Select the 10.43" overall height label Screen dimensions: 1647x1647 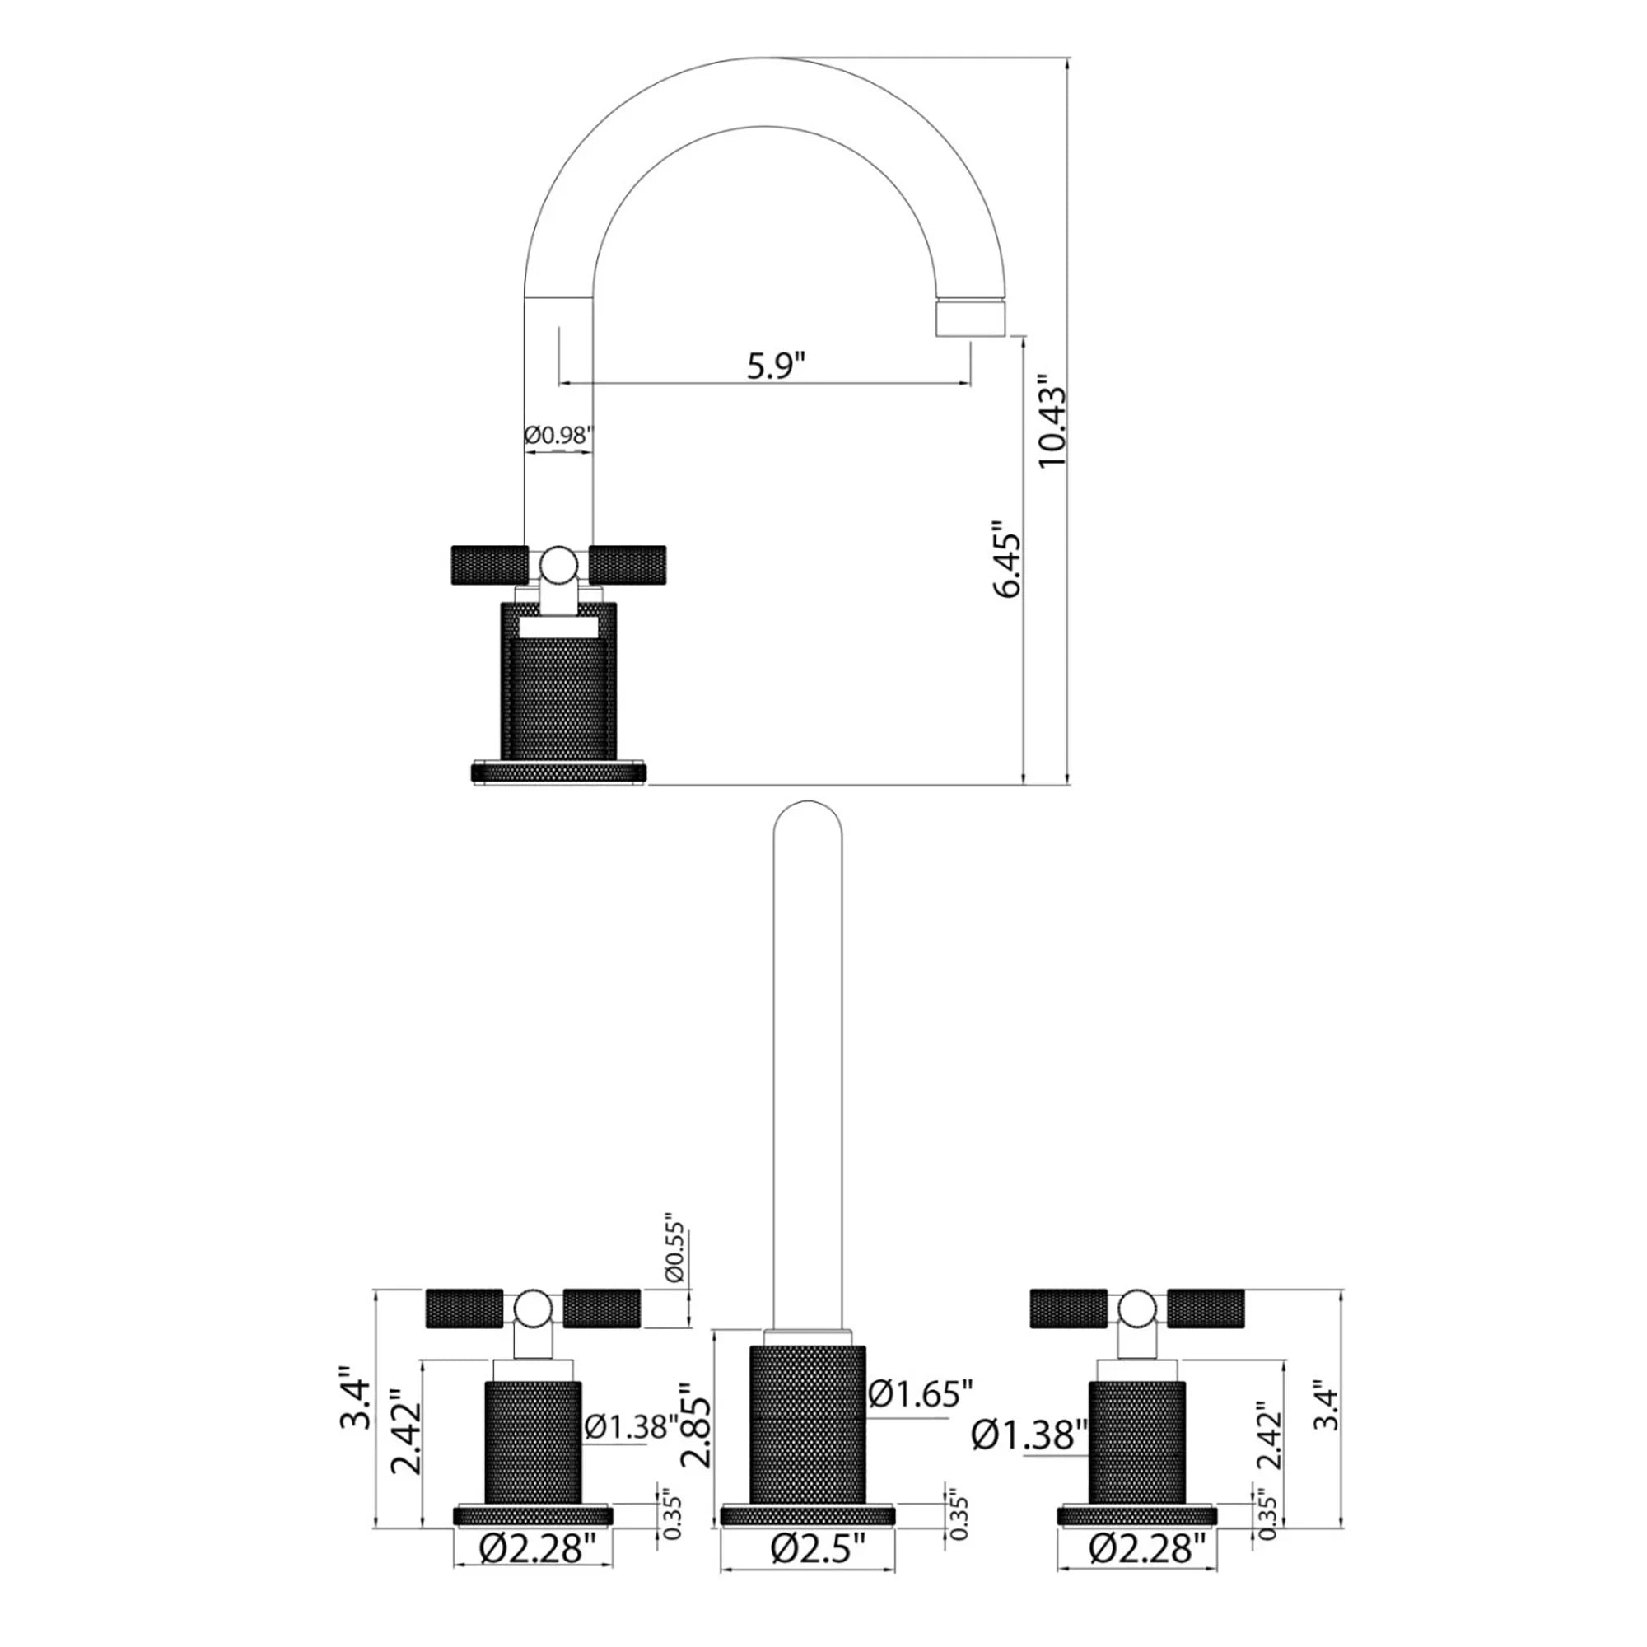pos(1052,427)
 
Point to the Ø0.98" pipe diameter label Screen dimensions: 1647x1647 pos(558,435)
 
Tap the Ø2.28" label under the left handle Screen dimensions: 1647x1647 pos(533,1570)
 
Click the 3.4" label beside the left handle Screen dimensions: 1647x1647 pos(355,1398)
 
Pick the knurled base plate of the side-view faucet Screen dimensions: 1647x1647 pos(559,772)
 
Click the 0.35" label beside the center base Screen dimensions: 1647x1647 pos(959,1516)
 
